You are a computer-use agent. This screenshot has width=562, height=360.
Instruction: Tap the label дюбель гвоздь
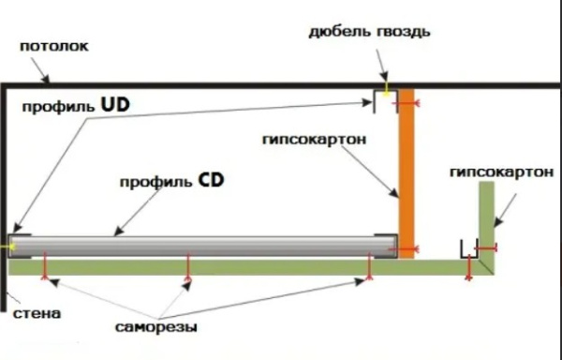(x=370, y=32)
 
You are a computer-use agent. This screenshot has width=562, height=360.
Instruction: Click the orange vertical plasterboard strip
(x=406, y=169)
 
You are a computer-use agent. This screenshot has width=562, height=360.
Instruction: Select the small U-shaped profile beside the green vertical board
(x=469, y=249)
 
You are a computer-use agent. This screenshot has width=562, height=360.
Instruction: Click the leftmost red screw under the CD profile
(x=46, y=276)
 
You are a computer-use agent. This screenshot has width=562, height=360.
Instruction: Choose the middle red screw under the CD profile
(x=189, y=276)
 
